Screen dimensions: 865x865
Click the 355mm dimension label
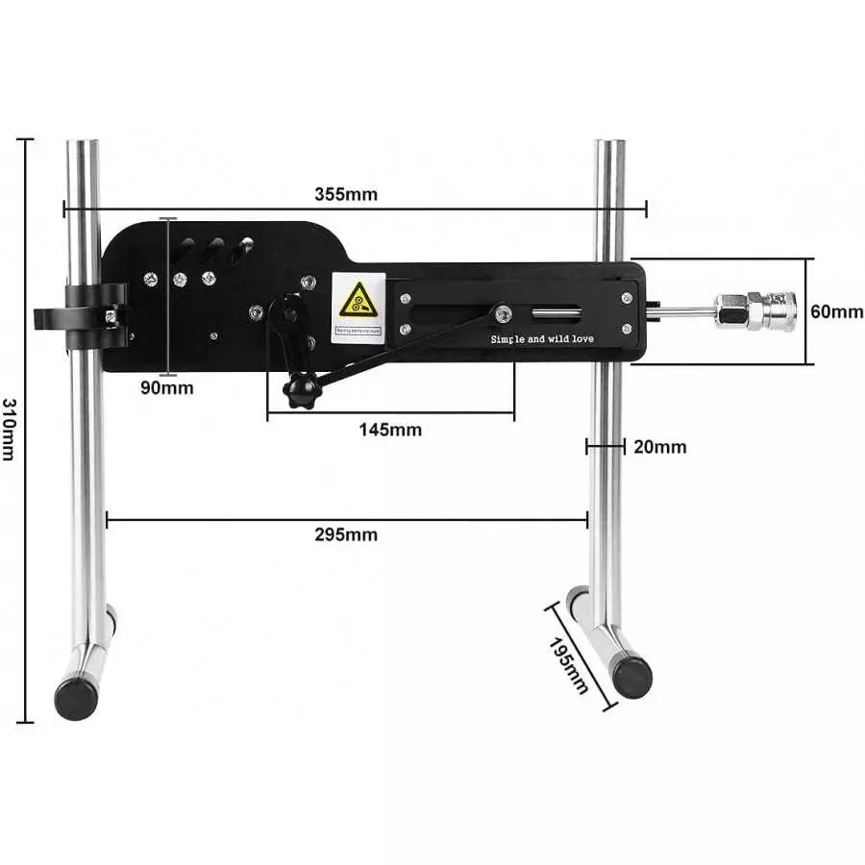pos(346,194)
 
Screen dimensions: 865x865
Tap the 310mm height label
pos(9,429)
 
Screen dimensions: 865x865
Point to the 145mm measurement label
pos(390,430)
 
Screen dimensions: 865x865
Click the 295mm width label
pos(346,535)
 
